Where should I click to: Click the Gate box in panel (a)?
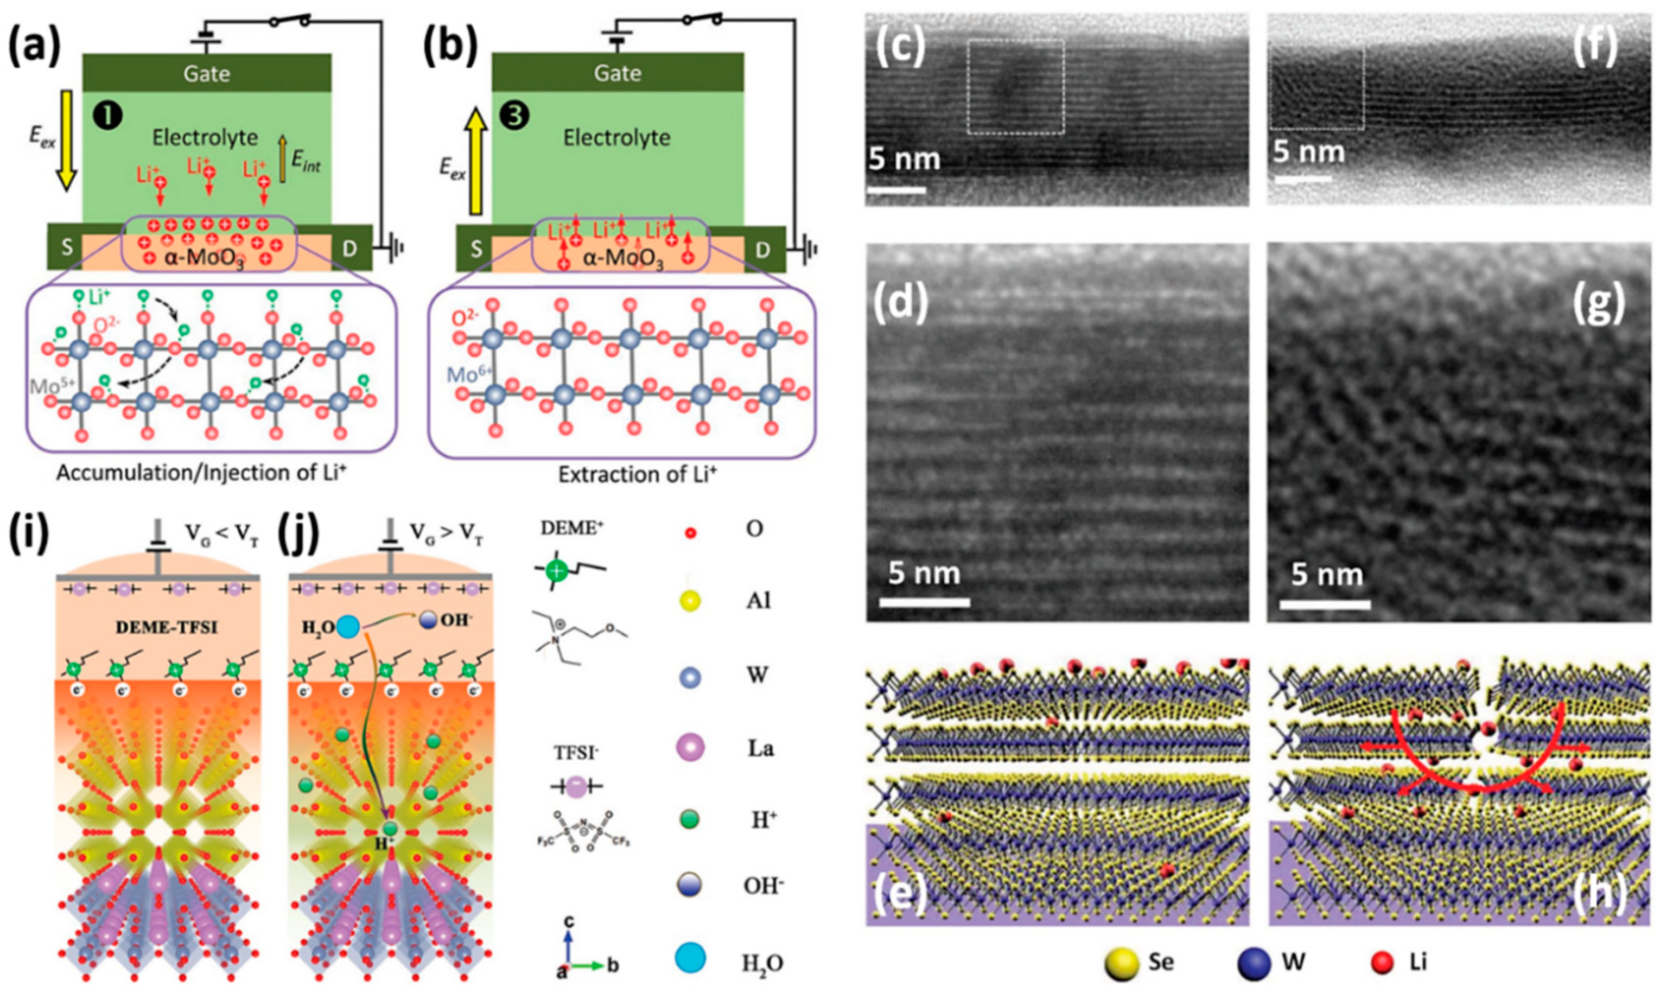coord(207,72)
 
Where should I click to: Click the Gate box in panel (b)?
coord(617,72)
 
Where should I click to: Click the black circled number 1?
coord(110,117)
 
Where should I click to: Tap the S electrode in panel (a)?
coord(66,249)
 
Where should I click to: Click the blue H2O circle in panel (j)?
coord(348,627)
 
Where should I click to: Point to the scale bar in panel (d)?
coord(924,602)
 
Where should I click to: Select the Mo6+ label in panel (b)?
coord(471,375)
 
